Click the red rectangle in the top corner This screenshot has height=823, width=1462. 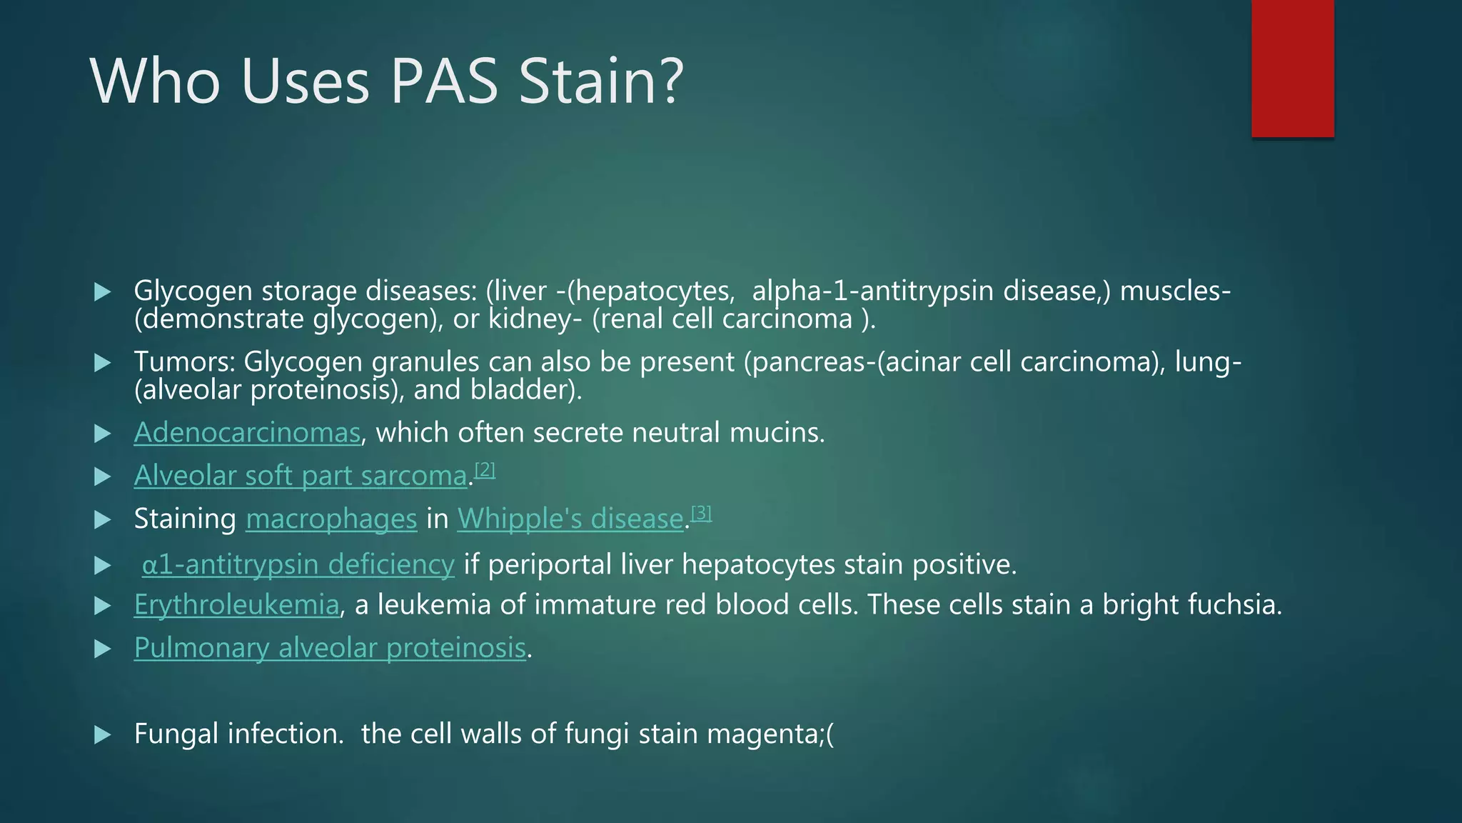[1292, 69]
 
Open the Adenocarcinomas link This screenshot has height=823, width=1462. [247, 433]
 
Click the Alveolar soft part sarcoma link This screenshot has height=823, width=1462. [301, 476]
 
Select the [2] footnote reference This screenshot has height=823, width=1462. [485, 469]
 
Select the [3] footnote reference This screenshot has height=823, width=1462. [702, 512]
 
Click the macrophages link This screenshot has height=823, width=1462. [331, 519]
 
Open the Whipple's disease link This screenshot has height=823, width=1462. [570, 519]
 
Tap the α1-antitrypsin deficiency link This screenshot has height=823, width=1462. [298, 564]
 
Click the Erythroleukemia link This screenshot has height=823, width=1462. [236, 605]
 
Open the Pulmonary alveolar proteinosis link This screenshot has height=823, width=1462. [330, 648]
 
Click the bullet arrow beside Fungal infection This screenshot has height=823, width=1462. [103, 734]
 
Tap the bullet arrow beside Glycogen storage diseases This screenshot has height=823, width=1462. [103, 291]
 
